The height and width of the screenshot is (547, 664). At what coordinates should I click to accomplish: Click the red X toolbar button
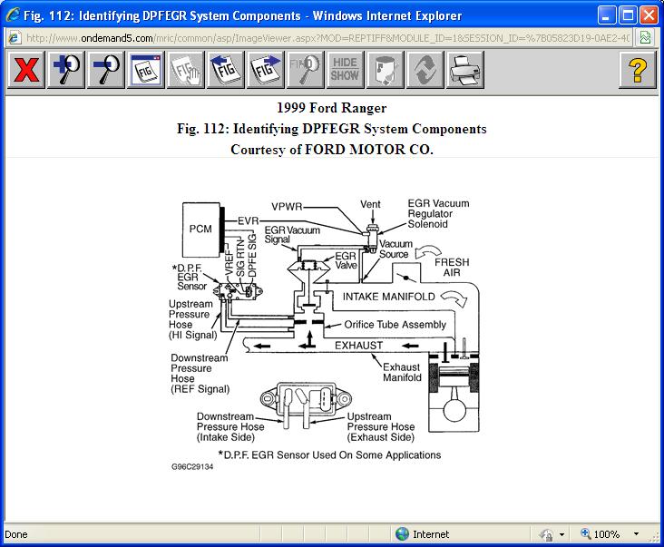pos(27,70)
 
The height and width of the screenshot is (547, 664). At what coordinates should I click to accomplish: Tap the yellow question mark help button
pos(637,70)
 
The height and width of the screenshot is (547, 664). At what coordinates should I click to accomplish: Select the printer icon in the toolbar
pos(464,70)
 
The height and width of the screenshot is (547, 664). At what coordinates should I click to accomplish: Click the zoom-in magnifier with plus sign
pos(66,70)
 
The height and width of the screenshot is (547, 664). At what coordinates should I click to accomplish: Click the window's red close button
pos(648,15)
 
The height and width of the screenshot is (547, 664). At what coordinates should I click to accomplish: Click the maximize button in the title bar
pos(627,15)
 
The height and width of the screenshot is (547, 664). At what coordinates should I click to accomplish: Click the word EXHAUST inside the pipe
pos(359,346)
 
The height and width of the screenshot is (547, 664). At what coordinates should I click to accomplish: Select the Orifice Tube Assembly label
pos(395,325)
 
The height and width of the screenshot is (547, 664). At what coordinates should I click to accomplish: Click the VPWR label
pos(288,206)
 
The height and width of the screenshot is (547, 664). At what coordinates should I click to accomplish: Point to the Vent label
pos(370,204)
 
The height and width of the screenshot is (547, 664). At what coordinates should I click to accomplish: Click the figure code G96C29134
pos(191,467)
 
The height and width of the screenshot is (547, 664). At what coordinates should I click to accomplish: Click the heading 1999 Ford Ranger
pos(331,109)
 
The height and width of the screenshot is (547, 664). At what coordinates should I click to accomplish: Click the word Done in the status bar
pos(16,534)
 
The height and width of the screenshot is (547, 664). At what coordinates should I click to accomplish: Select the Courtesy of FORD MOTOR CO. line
pos(331,149)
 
